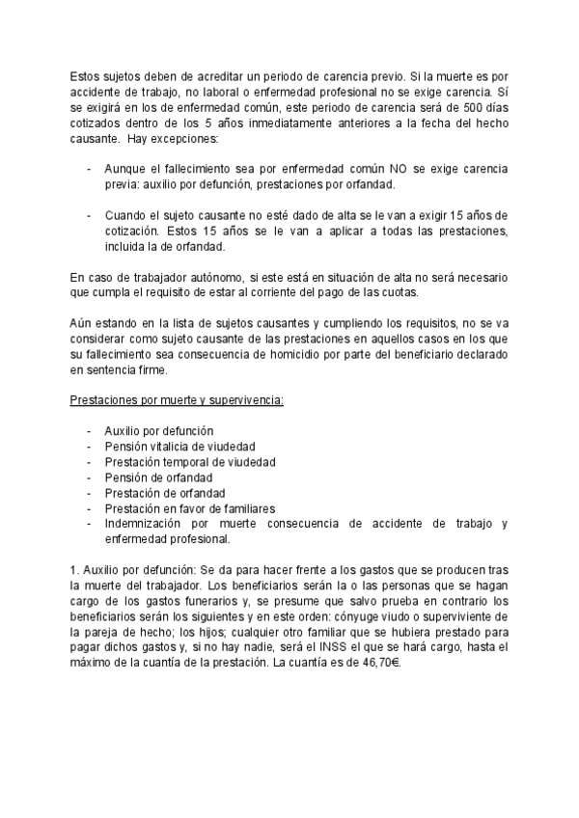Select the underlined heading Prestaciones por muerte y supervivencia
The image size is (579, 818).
pos(178,399)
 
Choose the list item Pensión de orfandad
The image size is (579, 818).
pos(158,477)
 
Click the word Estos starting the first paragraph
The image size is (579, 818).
pos(88,78)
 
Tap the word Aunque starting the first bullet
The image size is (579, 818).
pos(125,170)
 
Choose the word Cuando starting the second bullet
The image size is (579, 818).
pos(126,215)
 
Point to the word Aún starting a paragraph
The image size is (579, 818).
pos(82,322)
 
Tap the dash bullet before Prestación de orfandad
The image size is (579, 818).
pos(90,492)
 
